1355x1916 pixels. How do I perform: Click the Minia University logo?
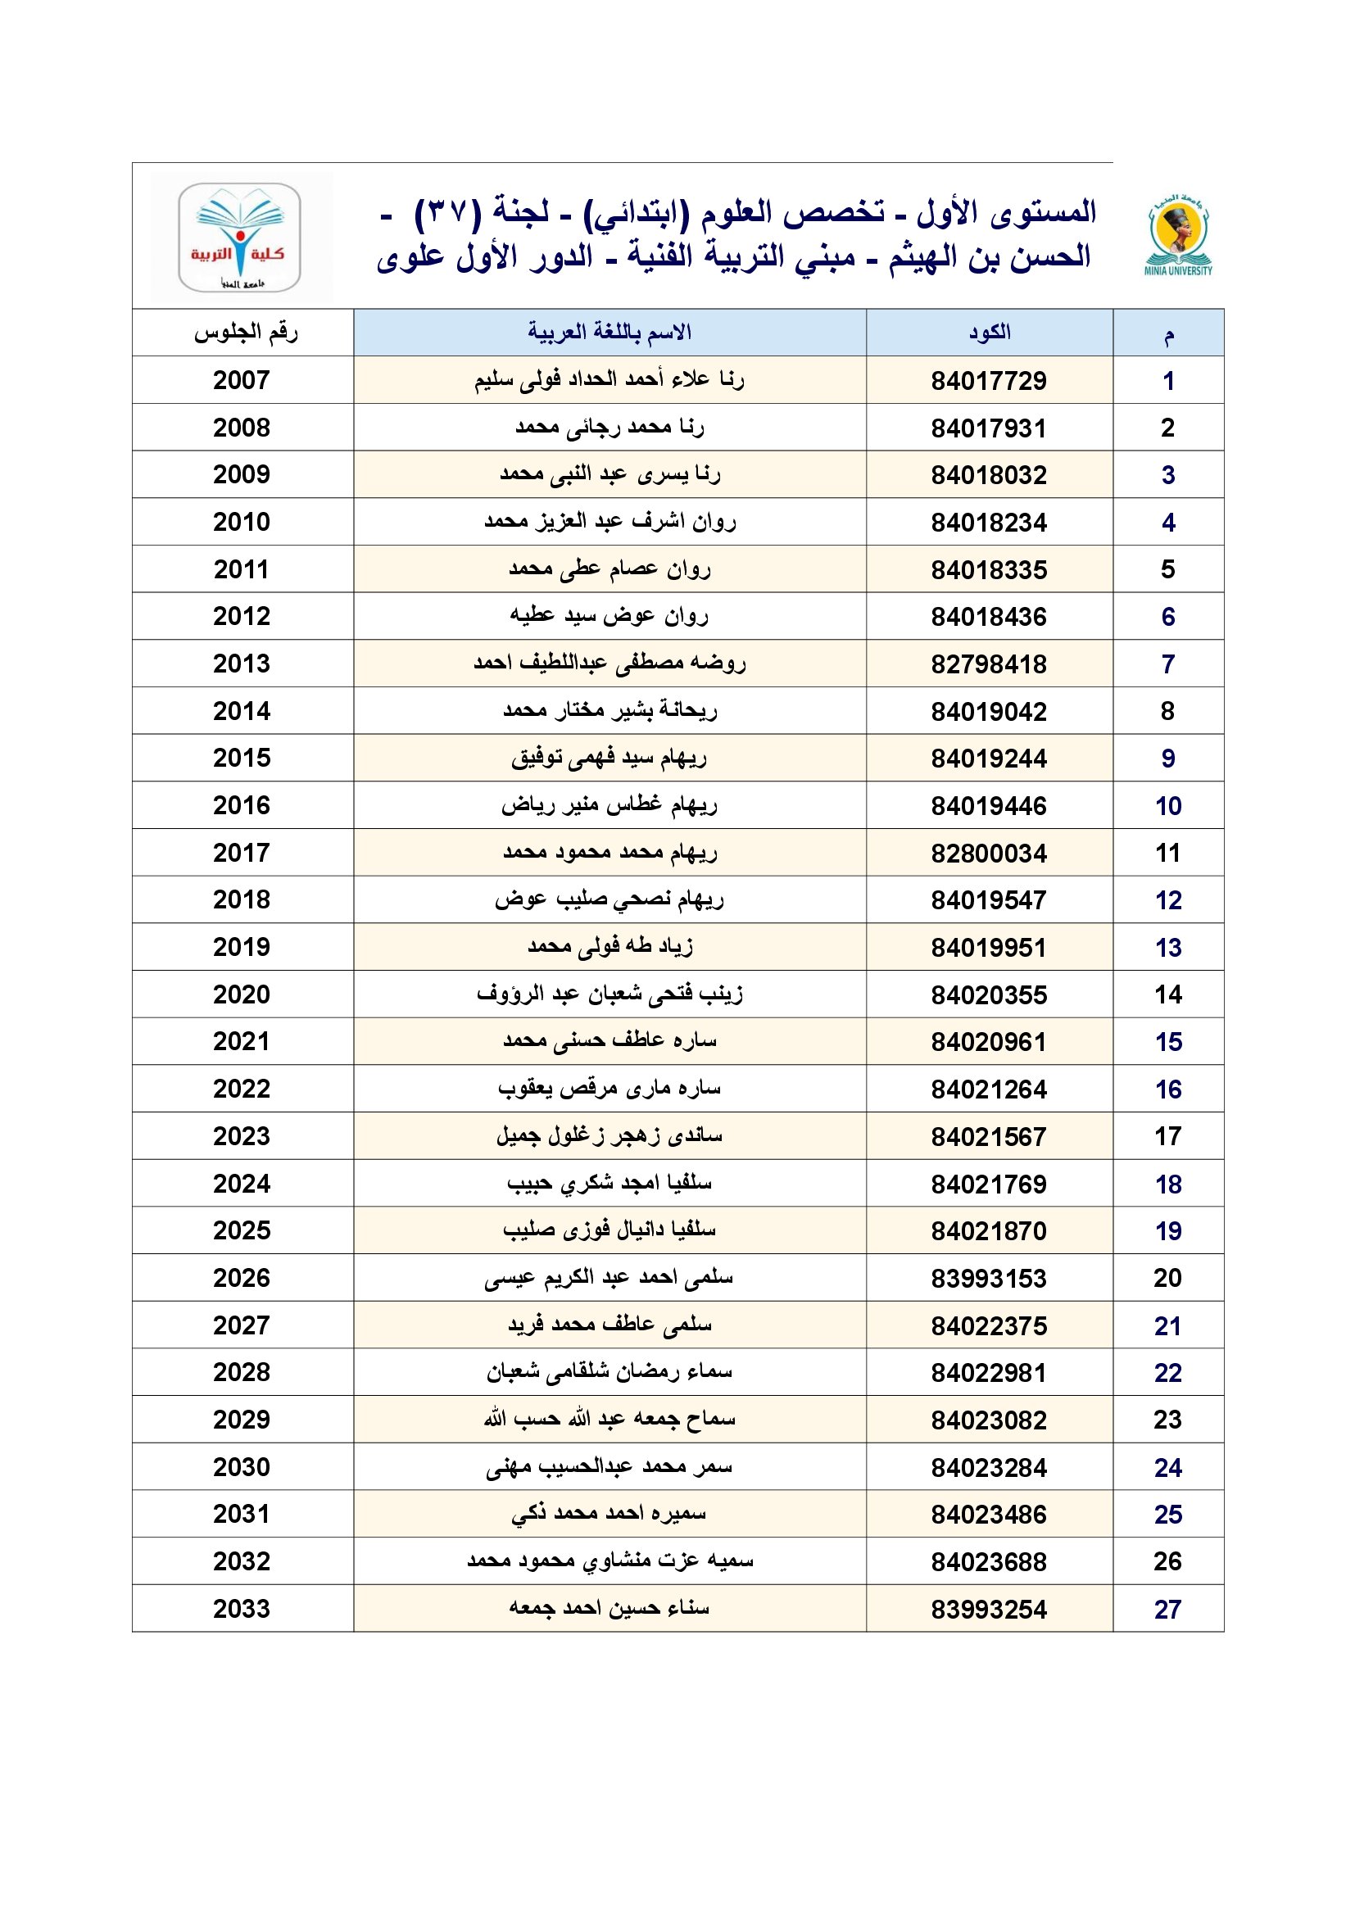pos(1178,234)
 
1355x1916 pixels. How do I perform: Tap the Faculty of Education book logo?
pos(239,236)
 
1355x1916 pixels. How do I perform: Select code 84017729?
pos(989,381)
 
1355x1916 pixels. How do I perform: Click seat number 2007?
pos(242,381)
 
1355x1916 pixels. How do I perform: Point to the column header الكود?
pos(989,332)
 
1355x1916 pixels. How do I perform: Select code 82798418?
pos(989,664)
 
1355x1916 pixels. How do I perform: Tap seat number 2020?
pos(242,994)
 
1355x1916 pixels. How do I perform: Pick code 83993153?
pos(989,1279)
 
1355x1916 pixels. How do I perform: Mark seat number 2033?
pos(242,1609)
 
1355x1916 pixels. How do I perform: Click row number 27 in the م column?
pos(1167,1609)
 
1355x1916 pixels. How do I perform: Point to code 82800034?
pos(989,853)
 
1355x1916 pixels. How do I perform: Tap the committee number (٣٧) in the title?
pos(449,211)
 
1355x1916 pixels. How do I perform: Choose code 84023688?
pos(989,1561)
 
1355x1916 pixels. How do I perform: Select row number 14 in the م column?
pos(1167,994)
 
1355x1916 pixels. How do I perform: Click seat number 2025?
pos(242,1231)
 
